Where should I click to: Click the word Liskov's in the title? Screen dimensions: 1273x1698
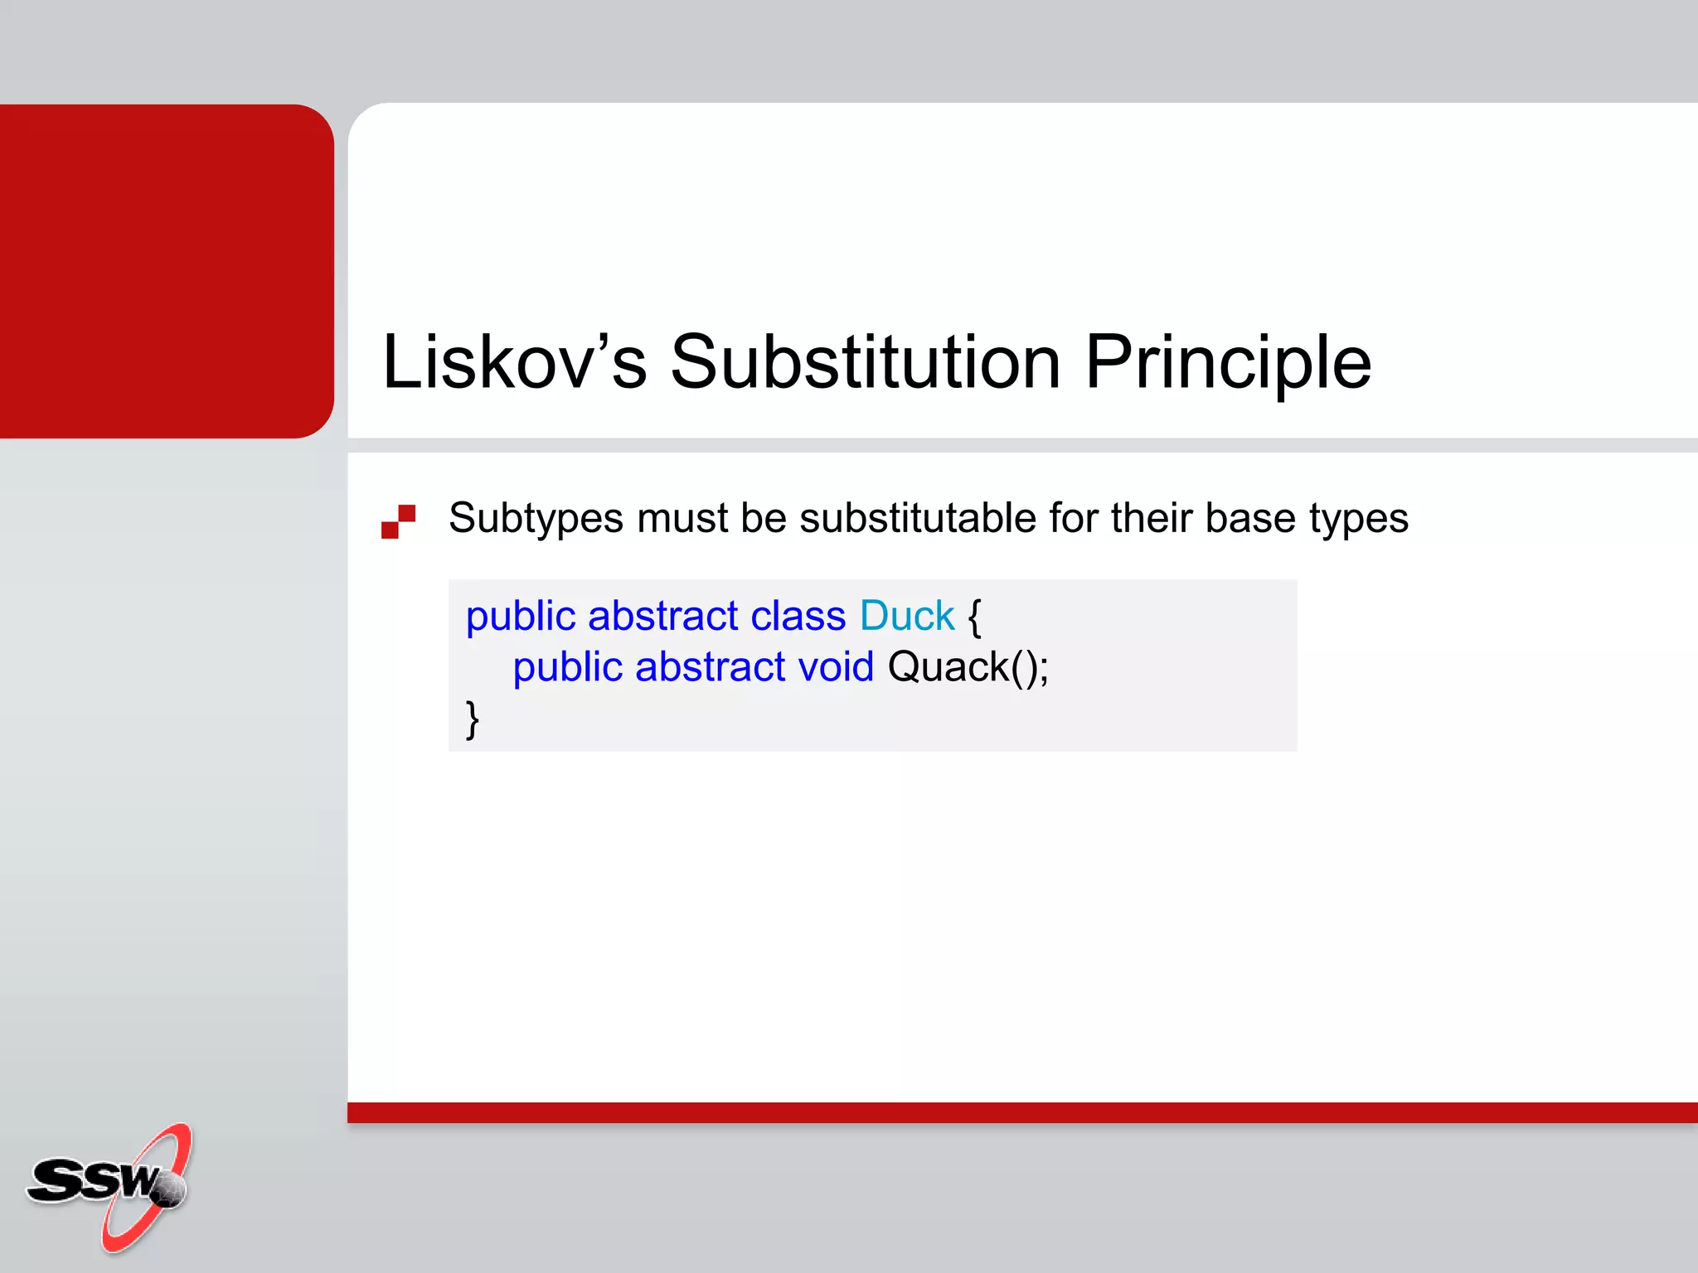[513, 362]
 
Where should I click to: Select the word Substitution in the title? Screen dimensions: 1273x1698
[865, 362]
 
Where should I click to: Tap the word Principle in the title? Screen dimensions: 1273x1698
[1228, 362]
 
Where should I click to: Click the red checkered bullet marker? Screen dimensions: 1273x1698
[398, 521]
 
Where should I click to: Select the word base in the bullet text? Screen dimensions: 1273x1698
[1250, 518]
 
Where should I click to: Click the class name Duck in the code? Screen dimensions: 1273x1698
[907, 617]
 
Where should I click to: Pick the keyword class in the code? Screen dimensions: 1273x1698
[798, 617]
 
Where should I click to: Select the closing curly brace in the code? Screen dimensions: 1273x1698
[473, 719]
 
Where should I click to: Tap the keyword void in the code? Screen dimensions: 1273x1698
[835, 667]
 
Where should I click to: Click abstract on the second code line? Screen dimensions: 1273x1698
[709, 667]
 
